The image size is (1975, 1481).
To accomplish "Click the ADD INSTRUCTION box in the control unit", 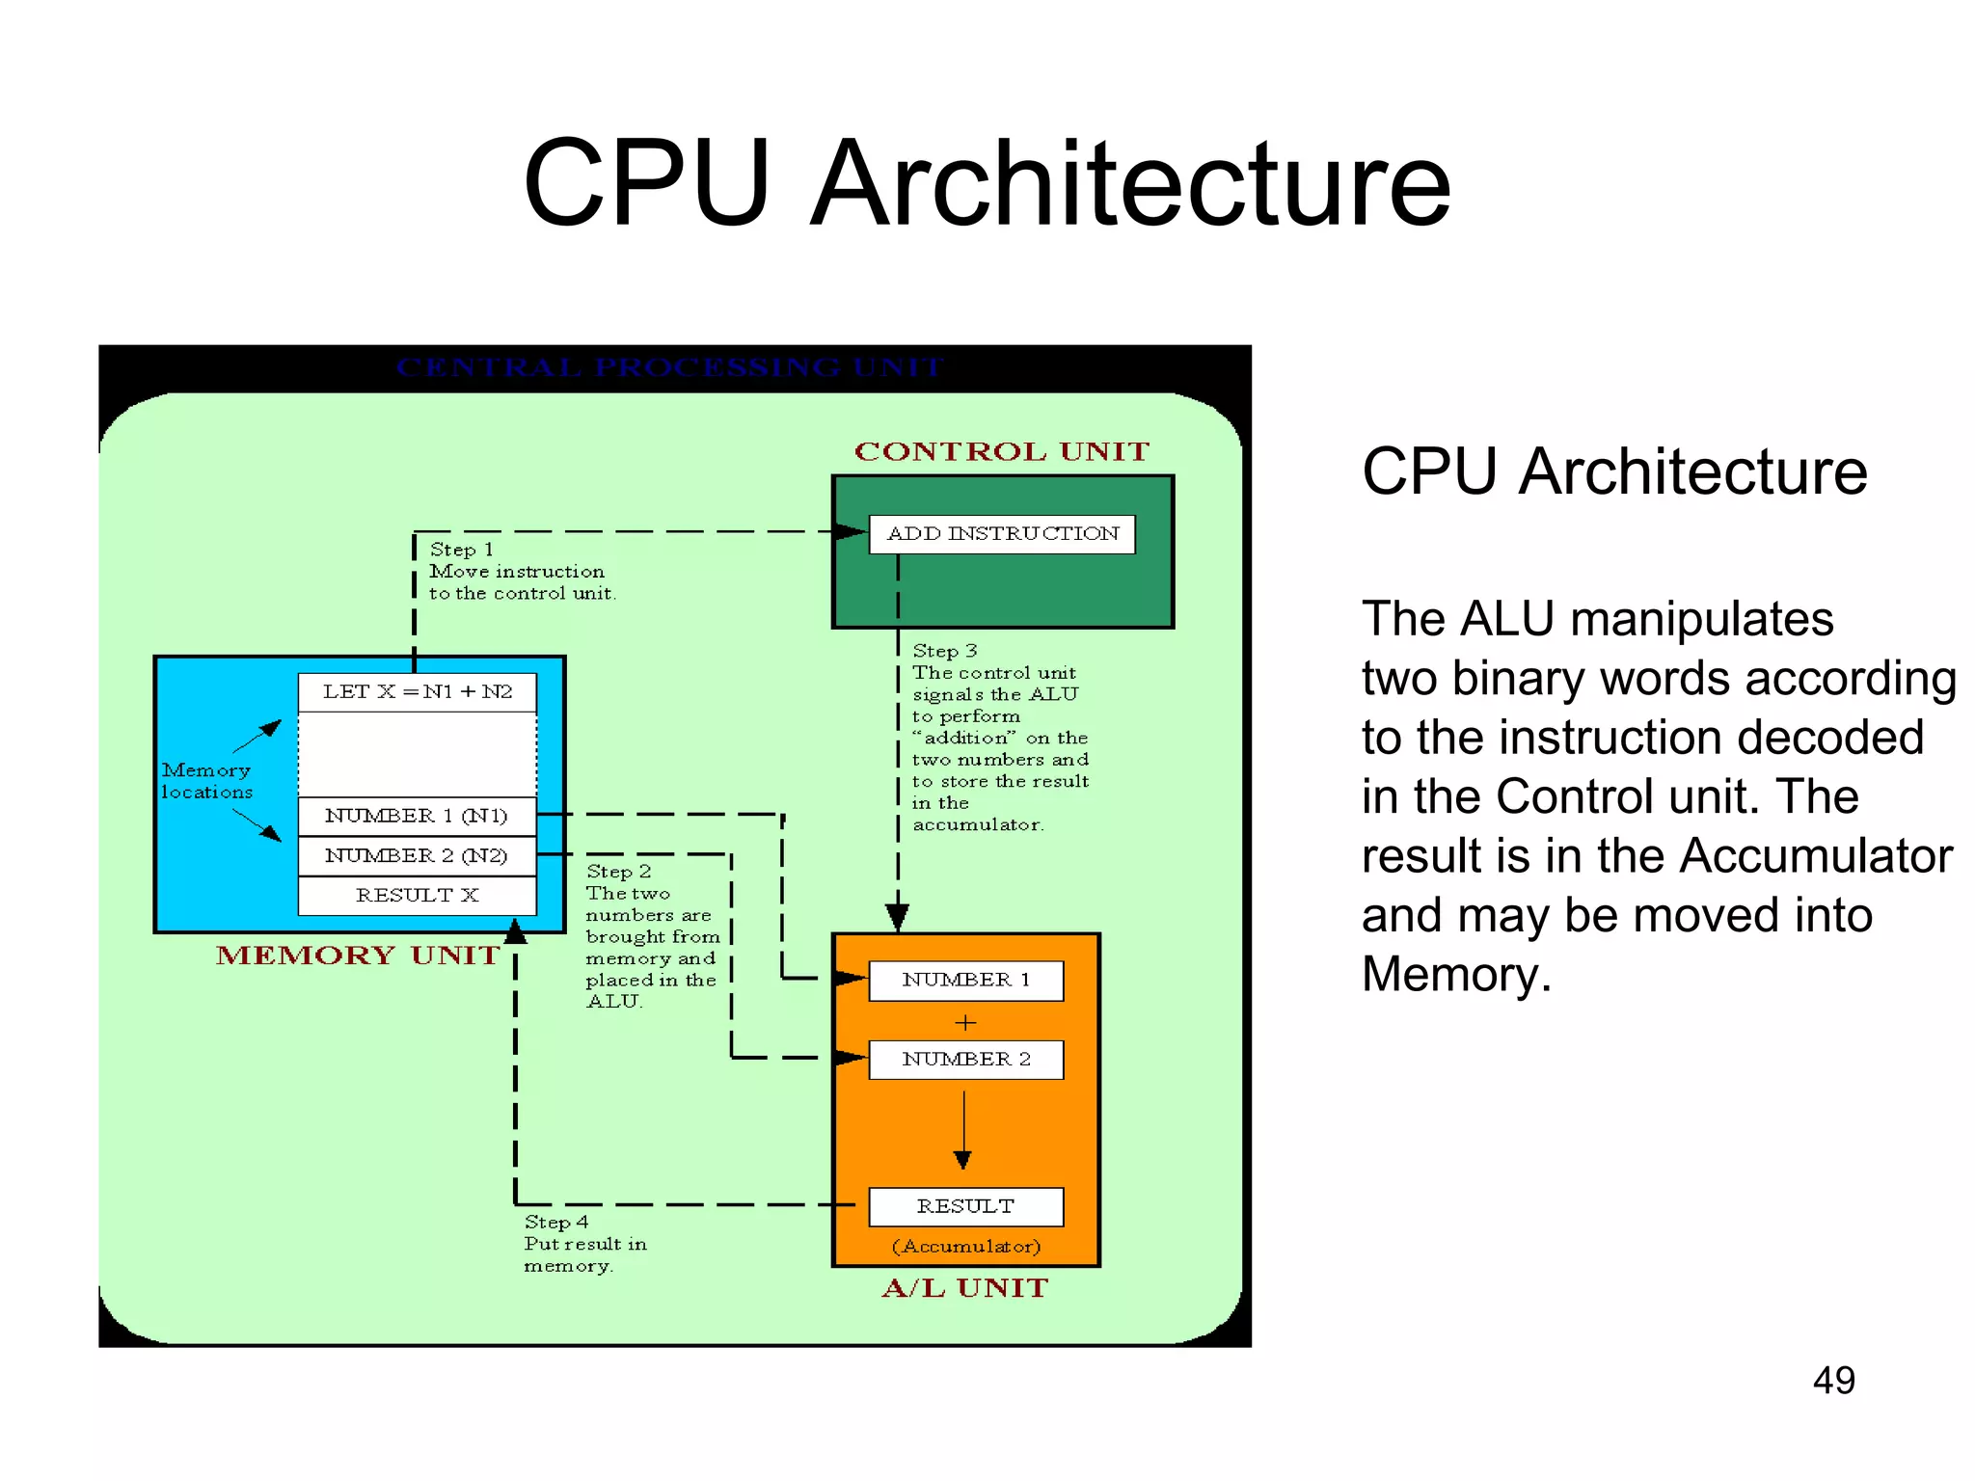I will click(1002, 534).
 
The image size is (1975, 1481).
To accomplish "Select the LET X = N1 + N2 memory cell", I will click(417, 692).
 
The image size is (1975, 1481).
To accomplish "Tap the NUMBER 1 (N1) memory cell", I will click(417, 816).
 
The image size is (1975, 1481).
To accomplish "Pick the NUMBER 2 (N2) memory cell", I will click(417, 855).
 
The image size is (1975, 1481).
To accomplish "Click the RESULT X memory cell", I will click(417, 896).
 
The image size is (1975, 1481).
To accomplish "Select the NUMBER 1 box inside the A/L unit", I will click(965, 981).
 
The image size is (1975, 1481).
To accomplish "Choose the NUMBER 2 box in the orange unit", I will click(965, 1060).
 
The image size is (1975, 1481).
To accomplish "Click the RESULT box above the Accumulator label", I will click(965, 1206).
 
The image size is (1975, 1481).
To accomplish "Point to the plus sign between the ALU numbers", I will click(965, 1022).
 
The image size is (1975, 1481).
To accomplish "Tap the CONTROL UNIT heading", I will click(1002, 452).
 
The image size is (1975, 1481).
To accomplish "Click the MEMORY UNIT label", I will click(358, 956).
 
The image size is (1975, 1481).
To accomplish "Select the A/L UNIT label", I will click(964, 1288).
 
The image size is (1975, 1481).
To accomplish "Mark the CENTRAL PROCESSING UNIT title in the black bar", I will click(669, 367).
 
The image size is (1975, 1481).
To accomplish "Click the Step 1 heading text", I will click(461, 550).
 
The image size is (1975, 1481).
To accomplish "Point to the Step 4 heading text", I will click(555, 1223).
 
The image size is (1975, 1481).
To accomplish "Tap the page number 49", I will click(1833, 1381).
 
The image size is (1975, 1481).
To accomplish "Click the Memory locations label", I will click(206, 781).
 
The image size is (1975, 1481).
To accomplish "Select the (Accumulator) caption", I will click(966, 1247).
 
